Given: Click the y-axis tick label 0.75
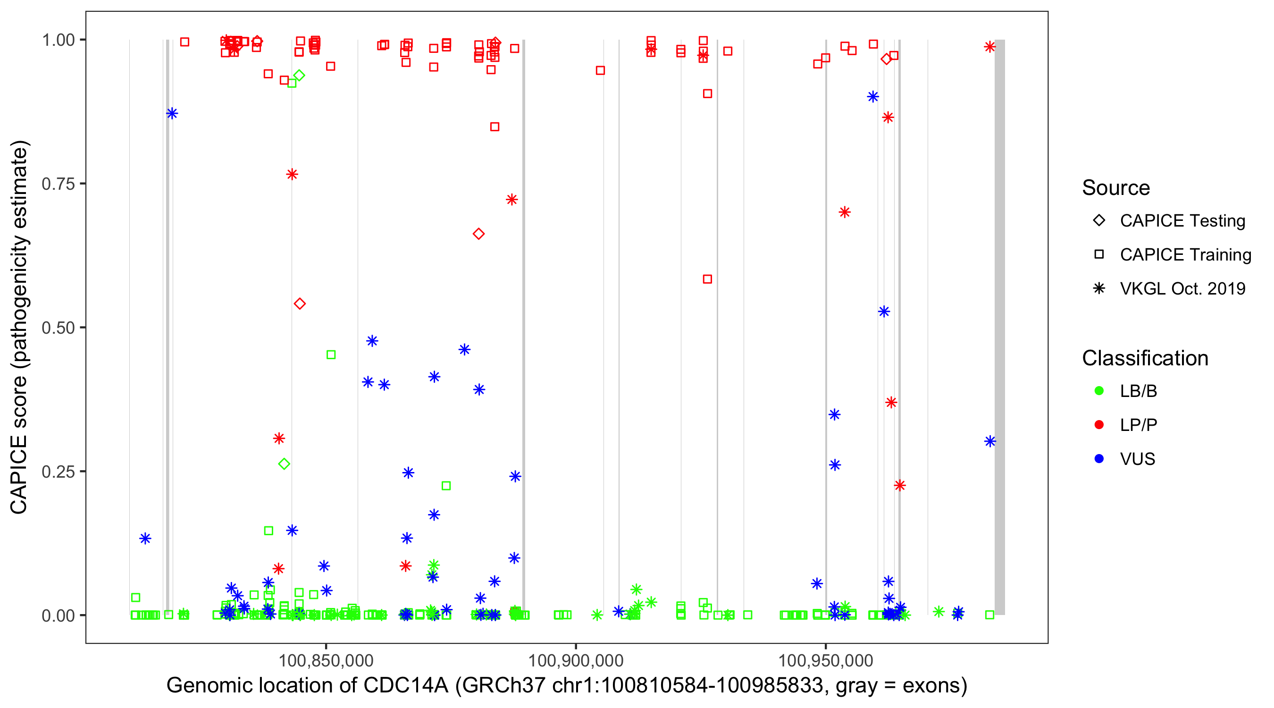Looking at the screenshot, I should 58,184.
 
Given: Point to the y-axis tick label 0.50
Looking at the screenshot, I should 58,328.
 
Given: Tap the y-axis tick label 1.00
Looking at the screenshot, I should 58,40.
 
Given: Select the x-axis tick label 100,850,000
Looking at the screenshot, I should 326,660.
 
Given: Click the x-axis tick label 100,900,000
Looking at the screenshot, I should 576,660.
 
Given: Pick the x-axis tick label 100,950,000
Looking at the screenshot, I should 825,660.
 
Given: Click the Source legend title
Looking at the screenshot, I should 1115,188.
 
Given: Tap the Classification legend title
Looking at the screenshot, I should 1144,358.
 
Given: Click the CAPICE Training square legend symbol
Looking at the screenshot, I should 1099,255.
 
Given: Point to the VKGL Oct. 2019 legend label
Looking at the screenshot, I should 1182,289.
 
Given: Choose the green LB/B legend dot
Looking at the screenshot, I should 1099,391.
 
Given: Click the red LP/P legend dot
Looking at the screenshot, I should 1099,425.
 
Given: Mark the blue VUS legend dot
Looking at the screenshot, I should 1099,459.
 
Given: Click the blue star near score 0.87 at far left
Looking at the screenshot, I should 172,114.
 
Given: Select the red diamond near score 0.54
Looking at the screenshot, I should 300,304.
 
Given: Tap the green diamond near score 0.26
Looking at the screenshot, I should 284,464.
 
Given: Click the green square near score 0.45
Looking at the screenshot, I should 331,355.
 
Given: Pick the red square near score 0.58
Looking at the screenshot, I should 707,279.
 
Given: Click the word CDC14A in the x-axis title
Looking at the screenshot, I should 405,686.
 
